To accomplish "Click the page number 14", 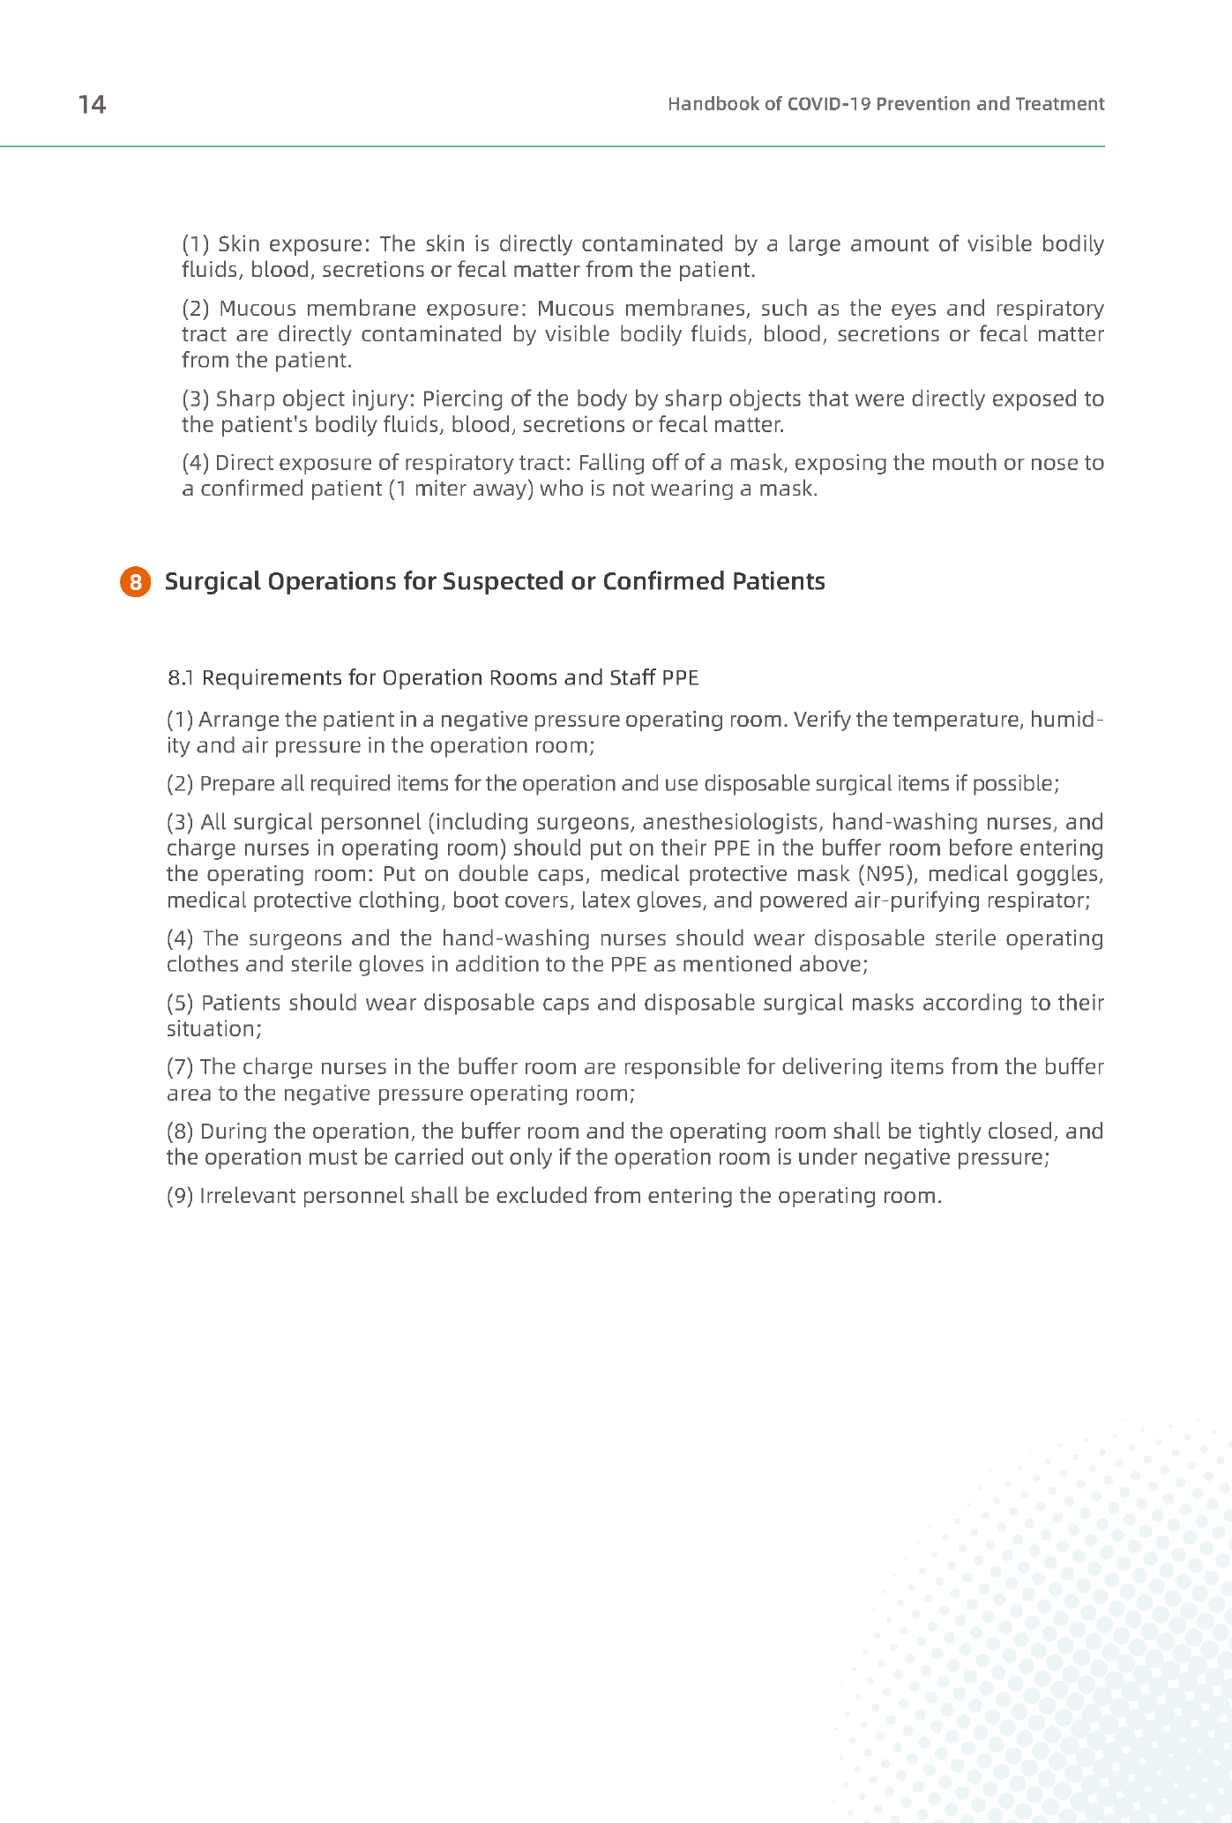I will click(92, 105).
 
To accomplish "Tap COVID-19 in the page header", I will click(829, 104).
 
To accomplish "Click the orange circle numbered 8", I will click(135, 582).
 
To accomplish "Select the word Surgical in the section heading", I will click(212, 582).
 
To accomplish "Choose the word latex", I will click(604, 900).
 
